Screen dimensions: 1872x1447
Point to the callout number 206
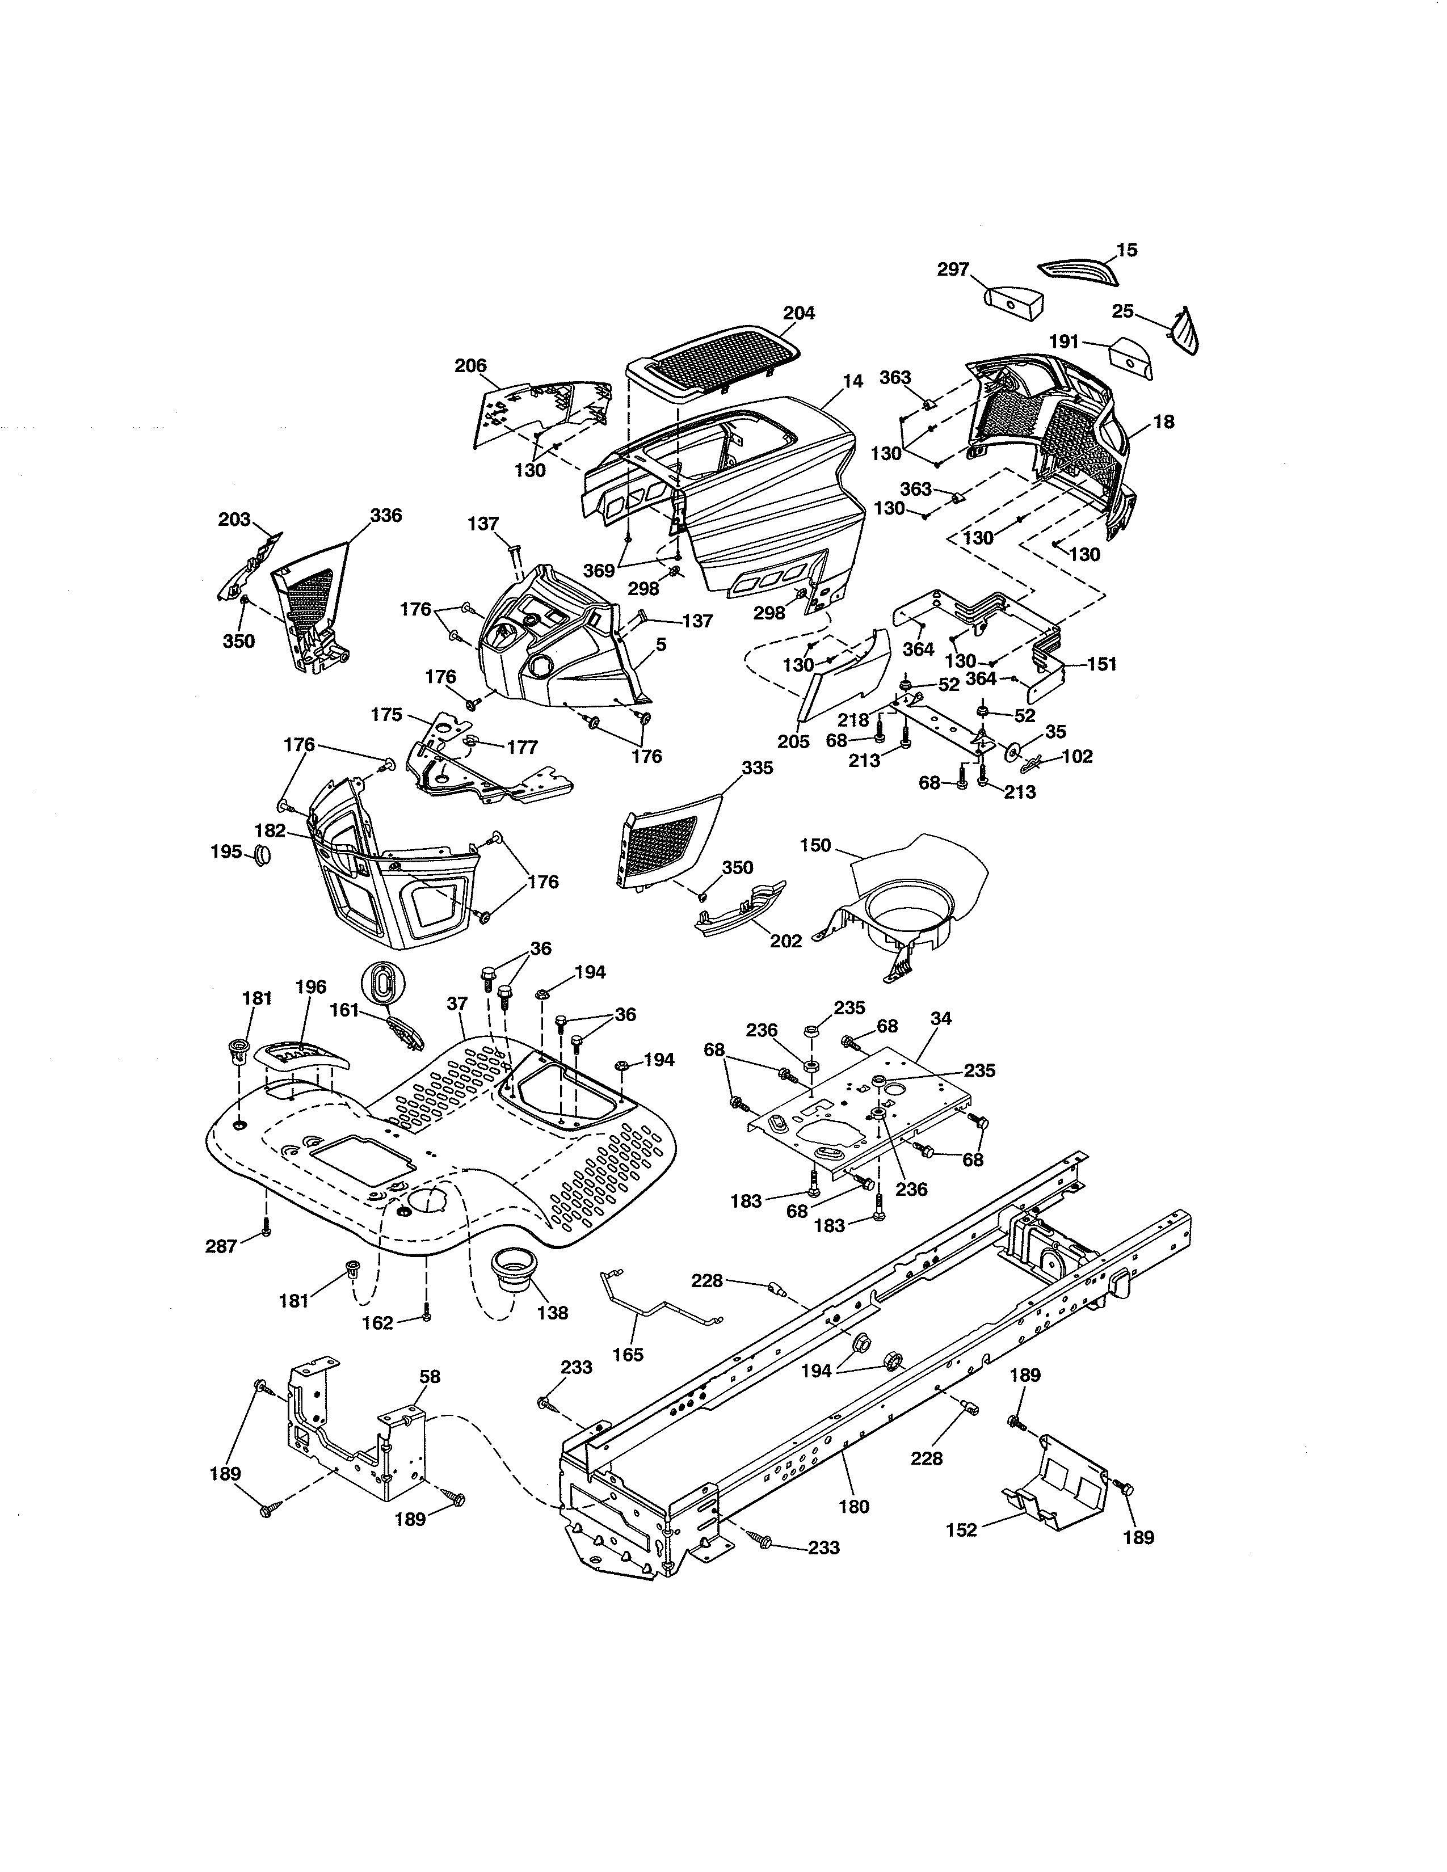[470, 366]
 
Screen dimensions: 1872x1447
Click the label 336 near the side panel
[386, 515]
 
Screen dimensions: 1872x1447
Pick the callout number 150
[815, 845]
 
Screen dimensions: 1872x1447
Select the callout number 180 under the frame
[854, 1506]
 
